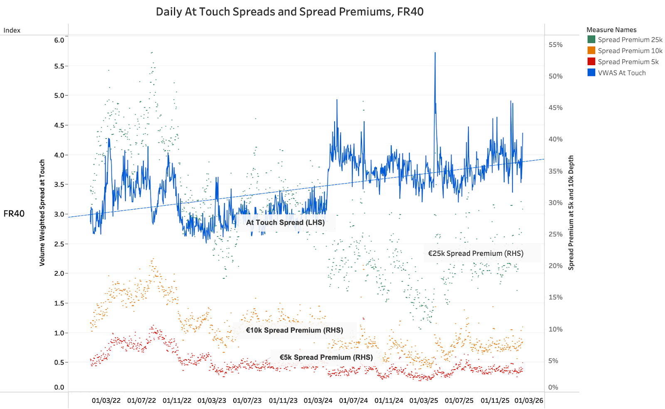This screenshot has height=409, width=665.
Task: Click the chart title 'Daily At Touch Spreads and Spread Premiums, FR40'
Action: coord(290,12)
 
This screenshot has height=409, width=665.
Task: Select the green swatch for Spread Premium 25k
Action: coord(591,39)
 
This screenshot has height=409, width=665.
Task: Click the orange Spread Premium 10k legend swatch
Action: coord(591,51)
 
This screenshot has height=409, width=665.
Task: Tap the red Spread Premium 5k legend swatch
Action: coord(591,61)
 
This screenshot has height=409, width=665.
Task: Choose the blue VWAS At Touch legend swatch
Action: coord(591,73)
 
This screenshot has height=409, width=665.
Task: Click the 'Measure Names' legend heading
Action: coord(611,30)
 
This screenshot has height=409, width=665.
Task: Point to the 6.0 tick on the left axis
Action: coord(59,40)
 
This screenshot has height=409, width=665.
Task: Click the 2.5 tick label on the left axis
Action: coord(59,244)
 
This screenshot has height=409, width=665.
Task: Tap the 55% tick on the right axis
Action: coord(555,45)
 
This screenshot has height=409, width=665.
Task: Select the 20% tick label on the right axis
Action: coord(555,266)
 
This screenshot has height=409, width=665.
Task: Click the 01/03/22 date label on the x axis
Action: coord(106,401)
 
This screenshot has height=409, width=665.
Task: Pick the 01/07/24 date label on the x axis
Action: coord(353,401)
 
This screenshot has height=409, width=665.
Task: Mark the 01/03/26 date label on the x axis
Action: coord(529,401)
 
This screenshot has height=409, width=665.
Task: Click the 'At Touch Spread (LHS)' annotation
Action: coord(285,223)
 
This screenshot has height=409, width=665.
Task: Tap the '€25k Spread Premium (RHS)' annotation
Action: coord(475,253)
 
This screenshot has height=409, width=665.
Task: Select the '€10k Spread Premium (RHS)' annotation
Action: coord(294,330)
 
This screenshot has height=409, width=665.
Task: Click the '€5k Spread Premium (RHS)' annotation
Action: coord(326,357)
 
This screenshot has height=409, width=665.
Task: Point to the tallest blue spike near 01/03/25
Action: coord(435,53)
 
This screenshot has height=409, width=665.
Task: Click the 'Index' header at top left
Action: coord(12,30)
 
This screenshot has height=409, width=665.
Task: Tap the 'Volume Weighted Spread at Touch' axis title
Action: coord(42,213)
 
